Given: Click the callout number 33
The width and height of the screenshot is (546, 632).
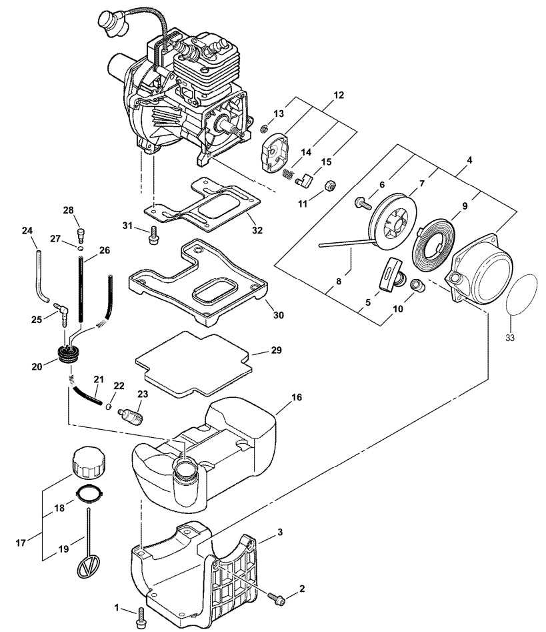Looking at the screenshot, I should tap(510, 338).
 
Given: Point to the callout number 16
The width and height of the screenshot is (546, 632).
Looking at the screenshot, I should tap(296, 397).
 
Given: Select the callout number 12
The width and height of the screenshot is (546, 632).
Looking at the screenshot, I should tap(338, 95).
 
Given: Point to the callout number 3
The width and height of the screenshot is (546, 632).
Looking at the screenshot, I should tap(280, 532).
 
